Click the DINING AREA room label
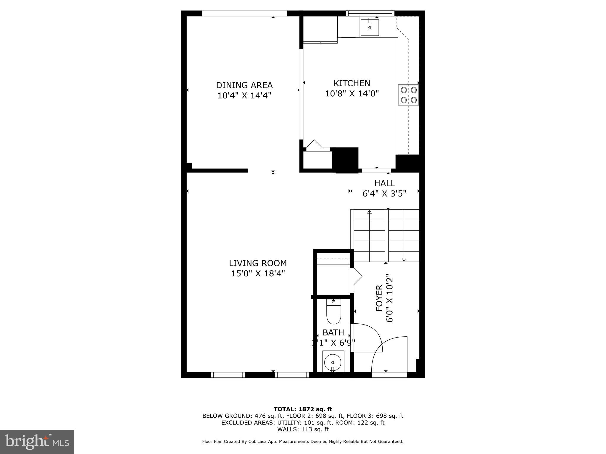coord(244,85)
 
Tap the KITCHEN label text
coord(352,83)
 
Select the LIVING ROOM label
coord(258,263)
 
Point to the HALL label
coord(384,183)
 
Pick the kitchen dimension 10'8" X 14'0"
coord(352,94)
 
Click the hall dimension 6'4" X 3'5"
coord(384,194)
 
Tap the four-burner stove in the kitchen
coord(409,95)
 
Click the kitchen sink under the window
coord(370,27)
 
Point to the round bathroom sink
coord(333,362)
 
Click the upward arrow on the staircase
coord(369,212)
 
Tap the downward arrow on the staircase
coord(404,260)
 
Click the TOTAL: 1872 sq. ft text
coord(303,409)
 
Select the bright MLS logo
coord(37,442)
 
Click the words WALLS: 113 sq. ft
coord(303,429)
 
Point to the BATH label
coord(333,333)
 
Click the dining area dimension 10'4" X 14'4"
coord(244,96)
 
